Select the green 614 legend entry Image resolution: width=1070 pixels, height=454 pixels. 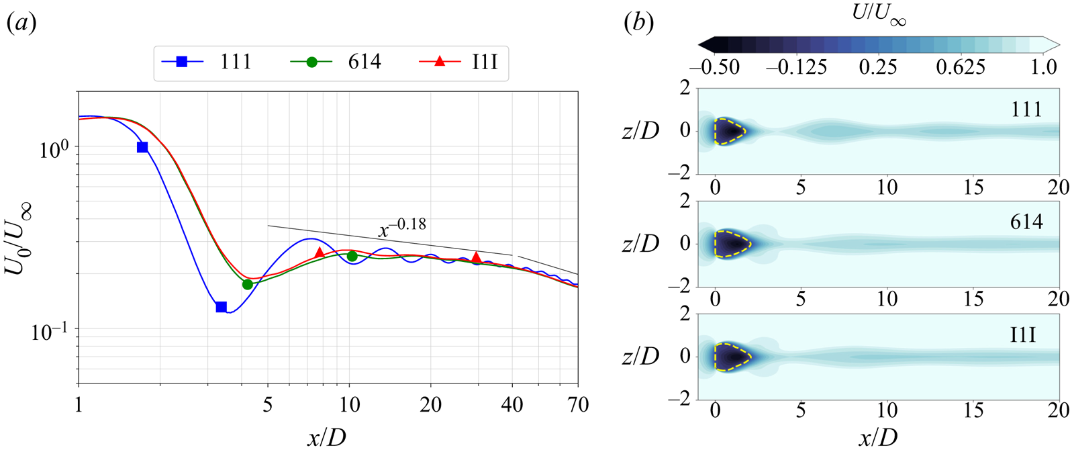(336, 62)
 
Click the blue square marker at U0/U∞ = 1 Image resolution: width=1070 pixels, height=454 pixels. (142, 147)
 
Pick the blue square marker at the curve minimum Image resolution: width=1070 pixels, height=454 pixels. (221, 307)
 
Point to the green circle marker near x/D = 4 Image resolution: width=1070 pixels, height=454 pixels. (248, 285)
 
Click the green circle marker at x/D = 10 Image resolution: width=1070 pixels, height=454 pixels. (352, 256)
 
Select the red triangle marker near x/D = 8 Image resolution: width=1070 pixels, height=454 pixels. (320, 253)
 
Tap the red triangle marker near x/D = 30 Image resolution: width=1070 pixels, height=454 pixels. (476, 257)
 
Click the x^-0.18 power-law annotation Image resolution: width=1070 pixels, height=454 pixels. (402, 228)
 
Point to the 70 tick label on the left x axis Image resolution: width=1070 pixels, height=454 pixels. (577, 405)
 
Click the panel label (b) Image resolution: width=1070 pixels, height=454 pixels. (638, 24)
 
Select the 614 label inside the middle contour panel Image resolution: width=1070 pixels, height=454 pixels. (1026, 222)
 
